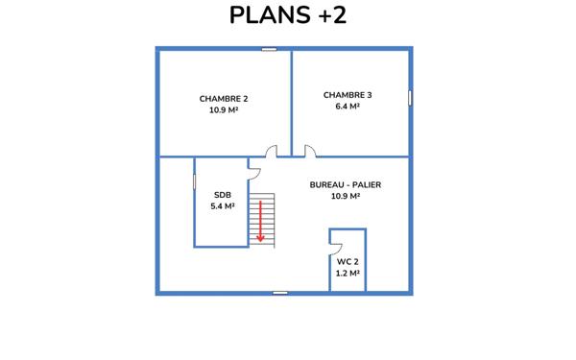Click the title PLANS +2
287,16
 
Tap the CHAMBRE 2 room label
224,99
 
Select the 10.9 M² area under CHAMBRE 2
224,110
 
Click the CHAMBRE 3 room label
348,95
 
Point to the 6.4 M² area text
348,107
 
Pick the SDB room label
223,194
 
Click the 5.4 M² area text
223,205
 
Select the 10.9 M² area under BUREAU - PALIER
345,196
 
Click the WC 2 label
348,261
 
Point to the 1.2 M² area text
348,273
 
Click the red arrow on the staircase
260,222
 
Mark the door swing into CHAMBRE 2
273,151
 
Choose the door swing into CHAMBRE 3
310,151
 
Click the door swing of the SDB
254,171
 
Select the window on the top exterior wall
269,49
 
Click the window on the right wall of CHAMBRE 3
410,97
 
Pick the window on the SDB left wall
194,181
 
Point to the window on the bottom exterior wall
279,292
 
